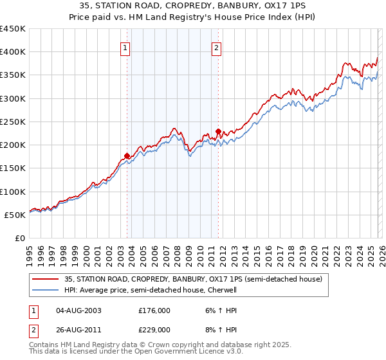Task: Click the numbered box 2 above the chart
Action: click(x=217, y=47)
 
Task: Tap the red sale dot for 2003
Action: click(x=127, y=156)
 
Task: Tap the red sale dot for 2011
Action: click(x=219, y=131)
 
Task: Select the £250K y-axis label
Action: click(x=13, y=122)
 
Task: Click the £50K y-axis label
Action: click(x=15, y=215)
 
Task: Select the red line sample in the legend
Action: click(x=46, y=279)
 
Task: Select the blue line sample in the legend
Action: click(x=46, y=291)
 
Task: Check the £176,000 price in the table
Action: click(x=154, y=310)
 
